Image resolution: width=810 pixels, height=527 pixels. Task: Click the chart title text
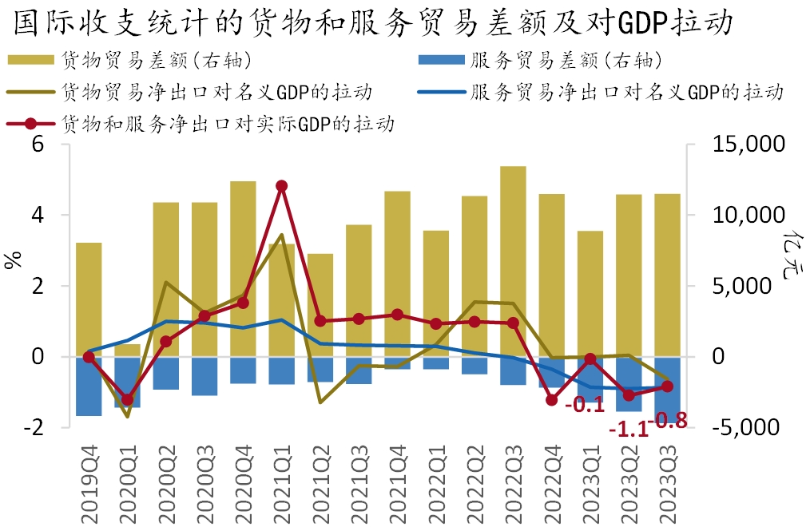(x=372, y=22)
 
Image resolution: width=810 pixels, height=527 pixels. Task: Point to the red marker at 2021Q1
(x=281, y=186)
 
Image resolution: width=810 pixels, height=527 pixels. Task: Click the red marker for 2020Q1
(x=127, y=399)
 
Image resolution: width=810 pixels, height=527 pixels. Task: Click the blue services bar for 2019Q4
(x=89, y=386)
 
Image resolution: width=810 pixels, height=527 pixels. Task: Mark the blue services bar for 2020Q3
(x=204, y=376)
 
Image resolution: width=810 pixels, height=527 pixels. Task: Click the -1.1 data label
(x=628, y=430)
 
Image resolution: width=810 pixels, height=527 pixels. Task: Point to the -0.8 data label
(x=669, y=418)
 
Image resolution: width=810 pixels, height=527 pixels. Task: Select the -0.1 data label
(x=584, y=405)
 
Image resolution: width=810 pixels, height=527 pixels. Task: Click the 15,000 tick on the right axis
(x=748, y=145)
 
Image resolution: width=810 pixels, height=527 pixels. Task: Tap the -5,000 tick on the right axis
(x=748, y=427)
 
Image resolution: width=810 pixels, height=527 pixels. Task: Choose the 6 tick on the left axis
(x=38, y=145)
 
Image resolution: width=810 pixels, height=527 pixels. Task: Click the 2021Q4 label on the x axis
(x=397, y=483)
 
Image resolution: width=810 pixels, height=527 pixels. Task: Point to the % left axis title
(x=14, y=260)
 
